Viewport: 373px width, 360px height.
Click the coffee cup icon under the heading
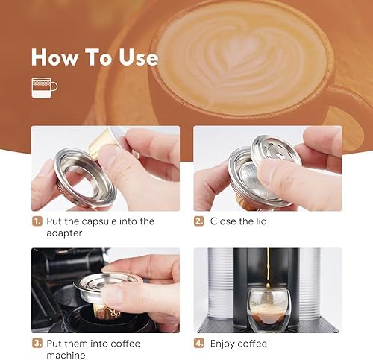[x=43, y=87]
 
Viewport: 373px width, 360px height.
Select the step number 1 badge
[x=37, y=221]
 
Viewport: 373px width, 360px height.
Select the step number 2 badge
[x=199, y=221]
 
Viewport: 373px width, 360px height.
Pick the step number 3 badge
[x=37, y=344]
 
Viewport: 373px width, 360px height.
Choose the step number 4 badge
[x=199, y=344]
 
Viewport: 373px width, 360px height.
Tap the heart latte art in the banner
[x=239, y=56]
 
